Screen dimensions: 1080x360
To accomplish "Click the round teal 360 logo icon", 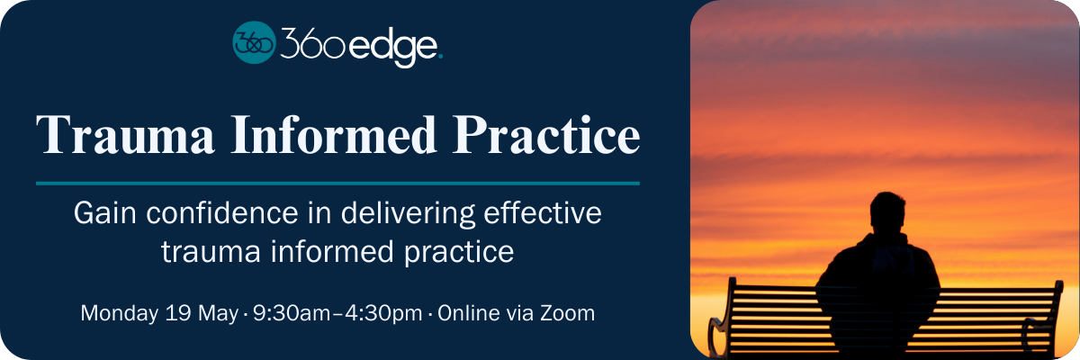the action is coord(254,42).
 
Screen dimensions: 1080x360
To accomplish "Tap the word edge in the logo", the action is coord(393,47).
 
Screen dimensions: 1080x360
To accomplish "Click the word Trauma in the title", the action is coord(125,134).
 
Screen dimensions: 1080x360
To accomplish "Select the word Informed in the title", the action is coord(334,134).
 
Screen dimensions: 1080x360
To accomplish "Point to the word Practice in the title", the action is coord(546,134).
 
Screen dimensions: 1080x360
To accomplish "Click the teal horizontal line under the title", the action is coord(338,183).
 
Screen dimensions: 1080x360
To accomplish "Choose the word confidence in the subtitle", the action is coord(222,213).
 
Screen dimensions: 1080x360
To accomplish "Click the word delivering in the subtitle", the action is coord(408,214).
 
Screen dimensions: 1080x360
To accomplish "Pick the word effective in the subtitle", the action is coord(543,213).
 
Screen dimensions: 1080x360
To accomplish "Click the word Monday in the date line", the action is coord(120,314).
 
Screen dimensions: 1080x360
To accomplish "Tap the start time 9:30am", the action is coord(292,313).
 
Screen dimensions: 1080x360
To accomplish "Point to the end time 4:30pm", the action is coord(383,314).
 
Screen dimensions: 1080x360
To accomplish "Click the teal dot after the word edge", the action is coord(440,58).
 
